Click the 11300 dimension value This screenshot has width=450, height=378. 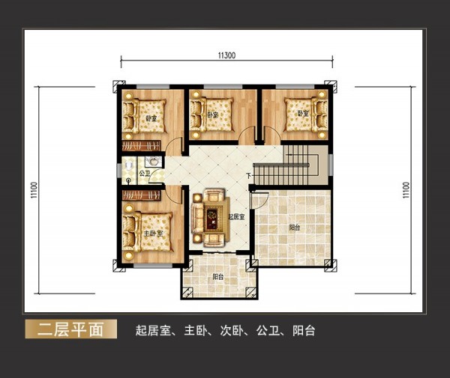tap(226, 55)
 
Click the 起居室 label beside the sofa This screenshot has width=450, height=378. tap(236, 216)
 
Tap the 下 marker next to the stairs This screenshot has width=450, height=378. tap(248, 177)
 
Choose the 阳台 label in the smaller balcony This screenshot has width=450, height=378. tap(219, 277)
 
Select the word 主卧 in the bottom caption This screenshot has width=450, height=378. tap(195, 330)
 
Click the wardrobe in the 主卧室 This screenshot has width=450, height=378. tap(142, 197)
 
